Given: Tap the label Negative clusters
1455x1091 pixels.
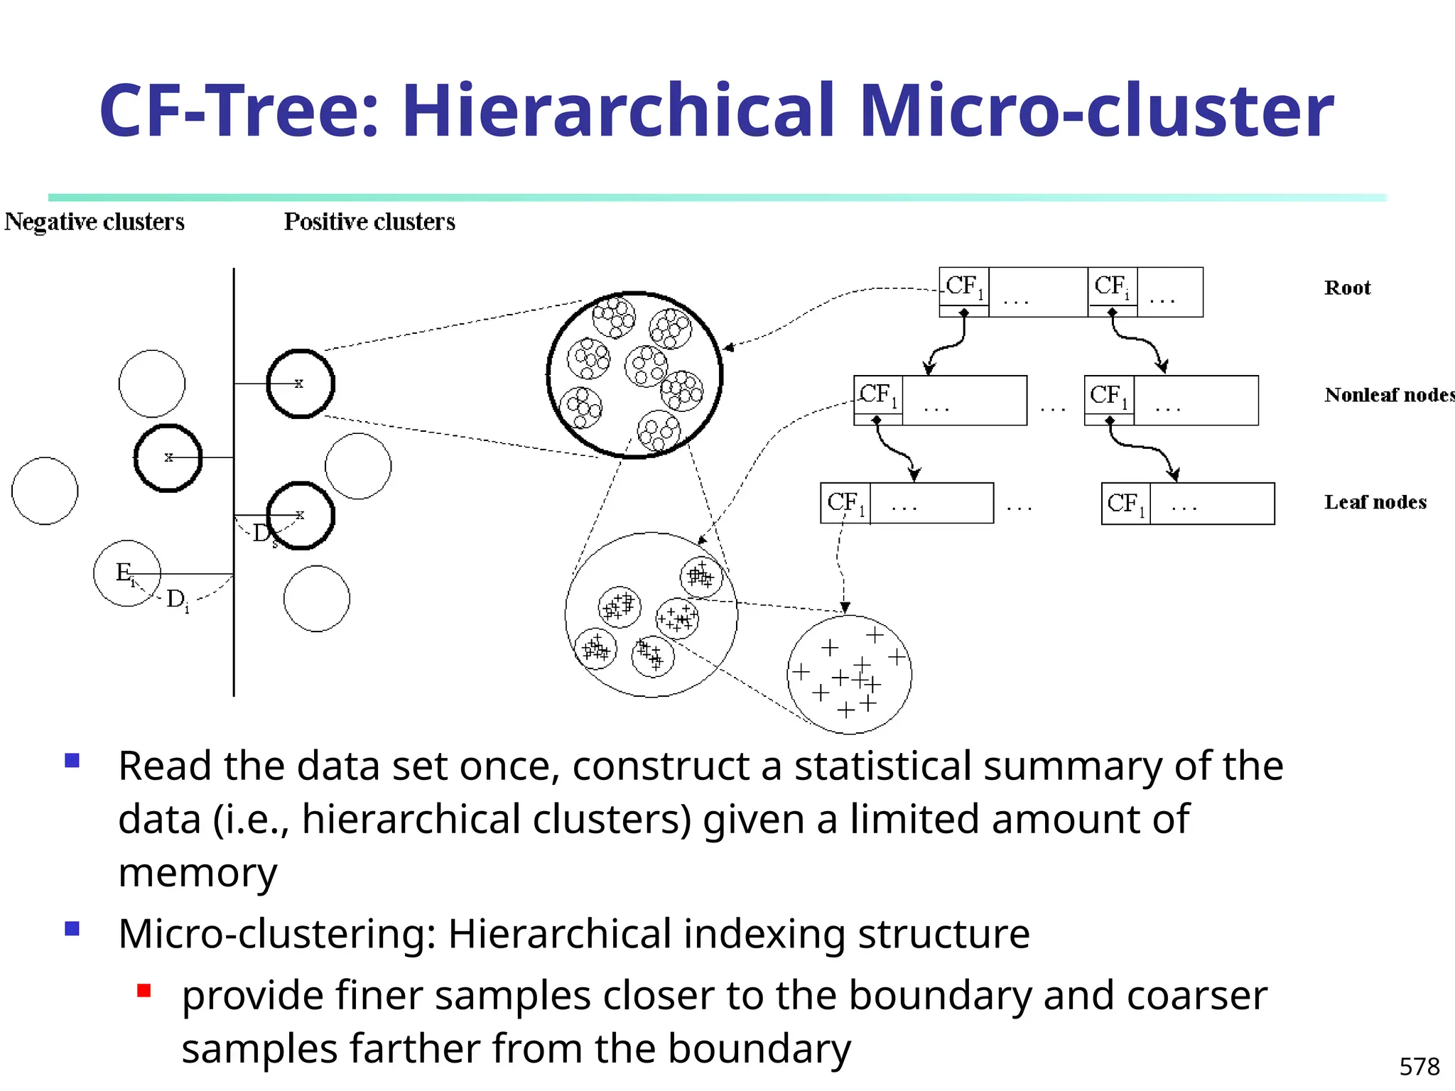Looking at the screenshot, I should (94, 222).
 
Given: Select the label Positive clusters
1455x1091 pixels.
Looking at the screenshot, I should (369, 222).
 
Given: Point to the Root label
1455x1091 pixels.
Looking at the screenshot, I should (1347, 288).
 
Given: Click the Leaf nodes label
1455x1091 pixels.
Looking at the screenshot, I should (1375, 502).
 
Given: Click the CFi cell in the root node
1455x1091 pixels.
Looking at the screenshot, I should (1112, 287).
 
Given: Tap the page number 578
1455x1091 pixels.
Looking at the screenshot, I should (1419, 1066).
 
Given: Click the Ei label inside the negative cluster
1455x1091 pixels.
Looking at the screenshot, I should (125, 572).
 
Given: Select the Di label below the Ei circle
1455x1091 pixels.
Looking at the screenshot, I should (177, 600).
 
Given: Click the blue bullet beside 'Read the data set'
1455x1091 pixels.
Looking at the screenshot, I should (72, 761).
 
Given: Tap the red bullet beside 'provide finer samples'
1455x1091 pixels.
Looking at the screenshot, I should (144, 990).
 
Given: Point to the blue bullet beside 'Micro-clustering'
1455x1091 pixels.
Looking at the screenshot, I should (72, 928).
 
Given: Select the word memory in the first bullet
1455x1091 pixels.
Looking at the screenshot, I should (198, 872).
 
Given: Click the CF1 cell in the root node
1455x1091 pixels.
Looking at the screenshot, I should (964, 287).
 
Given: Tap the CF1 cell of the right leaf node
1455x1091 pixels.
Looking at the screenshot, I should (1126, 504).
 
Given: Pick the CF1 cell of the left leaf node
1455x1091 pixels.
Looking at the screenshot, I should (845, 503).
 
